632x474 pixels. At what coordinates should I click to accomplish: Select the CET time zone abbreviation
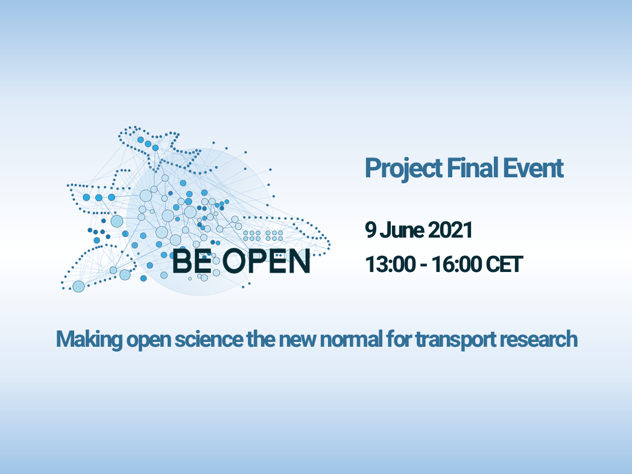[x=504, y=264]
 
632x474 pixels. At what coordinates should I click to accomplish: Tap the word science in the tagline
[x=209, y=339]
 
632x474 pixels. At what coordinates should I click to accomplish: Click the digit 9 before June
[x=370, y=230]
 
